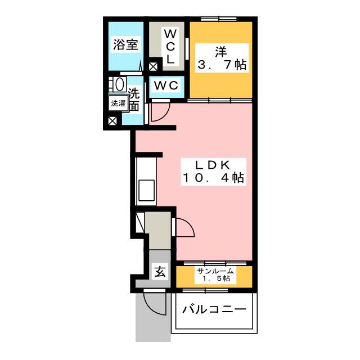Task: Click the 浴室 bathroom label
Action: (125, 46)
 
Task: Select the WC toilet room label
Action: (166, 85)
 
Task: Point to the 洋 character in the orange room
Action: (220, 52)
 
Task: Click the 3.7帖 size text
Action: (220, 65)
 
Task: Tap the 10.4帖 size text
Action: (212, 178)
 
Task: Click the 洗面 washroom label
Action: (134, 98)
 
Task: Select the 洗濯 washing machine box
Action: (118, 103)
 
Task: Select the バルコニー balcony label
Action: (214, 310)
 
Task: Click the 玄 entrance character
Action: (160, 273)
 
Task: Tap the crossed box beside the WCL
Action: (153, 66)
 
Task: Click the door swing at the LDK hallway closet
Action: (184, 228)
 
